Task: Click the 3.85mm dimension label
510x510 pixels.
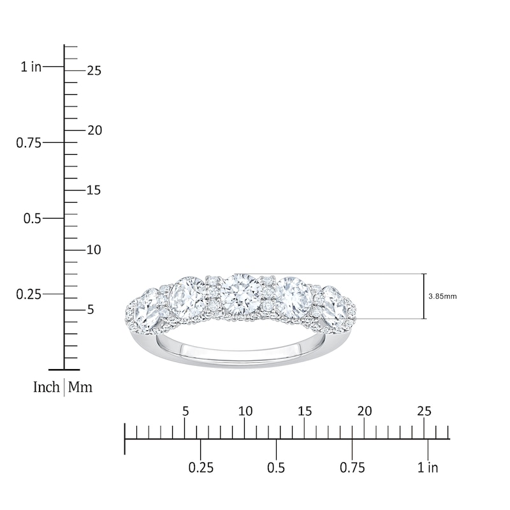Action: [443, 296]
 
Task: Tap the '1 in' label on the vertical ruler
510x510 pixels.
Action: [31, 66]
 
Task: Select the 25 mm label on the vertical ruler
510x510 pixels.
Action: [94, 71]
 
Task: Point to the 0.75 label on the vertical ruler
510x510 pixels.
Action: [29, 142]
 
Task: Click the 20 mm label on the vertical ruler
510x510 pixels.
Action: [94, 130]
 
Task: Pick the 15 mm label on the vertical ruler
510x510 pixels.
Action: [94, 190]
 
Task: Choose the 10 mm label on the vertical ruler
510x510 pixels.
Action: [94, 250]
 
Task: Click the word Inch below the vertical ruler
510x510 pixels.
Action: [47, 387]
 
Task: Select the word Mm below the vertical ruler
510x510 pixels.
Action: [80, 387]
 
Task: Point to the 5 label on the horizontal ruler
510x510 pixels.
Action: [186, 411]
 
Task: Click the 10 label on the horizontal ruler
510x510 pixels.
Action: [245, 411]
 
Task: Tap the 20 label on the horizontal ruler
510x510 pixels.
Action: [365, 411]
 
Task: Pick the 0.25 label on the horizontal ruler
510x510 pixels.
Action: [201, 468]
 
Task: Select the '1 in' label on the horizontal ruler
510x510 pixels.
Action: [428, 468]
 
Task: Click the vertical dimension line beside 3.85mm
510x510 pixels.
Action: [424, 296]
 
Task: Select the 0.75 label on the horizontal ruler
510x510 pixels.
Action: [353, 468]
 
